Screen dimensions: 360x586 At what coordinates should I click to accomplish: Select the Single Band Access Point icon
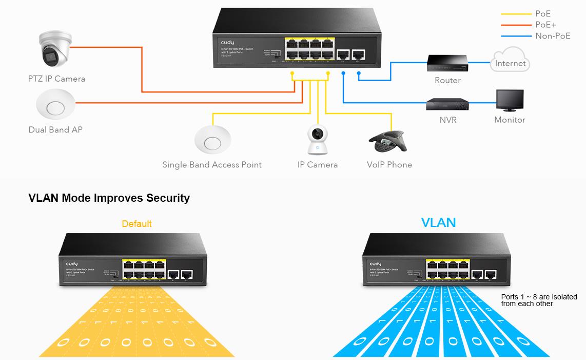[212, 139]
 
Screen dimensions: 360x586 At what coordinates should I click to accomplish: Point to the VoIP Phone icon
[388, 140]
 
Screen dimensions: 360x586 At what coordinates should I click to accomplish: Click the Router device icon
[447, 63]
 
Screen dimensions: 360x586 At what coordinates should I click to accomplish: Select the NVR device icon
[447, 104]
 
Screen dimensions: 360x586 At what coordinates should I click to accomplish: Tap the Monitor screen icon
[510, 101]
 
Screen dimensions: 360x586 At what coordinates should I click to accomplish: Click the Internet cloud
[510, 60]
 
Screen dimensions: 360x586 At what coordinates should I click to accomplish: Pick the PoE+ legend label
[545, 25]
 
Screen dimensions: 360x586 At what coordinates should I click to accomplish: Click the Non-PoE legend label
[553, 36]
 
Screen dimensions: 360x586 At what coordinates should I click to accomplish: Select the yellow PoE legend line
[516, 14]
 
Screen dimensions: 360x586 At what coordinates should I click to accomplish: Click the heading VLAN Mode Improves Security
[109, 198]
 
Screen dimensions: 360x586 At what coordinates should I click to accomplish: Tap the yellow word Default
[136, 224]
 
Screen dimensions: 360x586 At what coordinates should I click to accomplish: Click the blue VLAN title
[438, 222]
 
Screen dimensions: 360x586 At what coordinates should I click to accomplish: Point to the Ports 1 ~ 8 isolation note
[539, 300]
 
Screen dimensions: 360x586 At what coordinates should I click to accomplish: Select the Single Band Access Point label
[212, 165]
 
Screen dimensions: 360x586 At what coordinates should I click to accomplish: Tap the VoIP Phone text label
[389, 165]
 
